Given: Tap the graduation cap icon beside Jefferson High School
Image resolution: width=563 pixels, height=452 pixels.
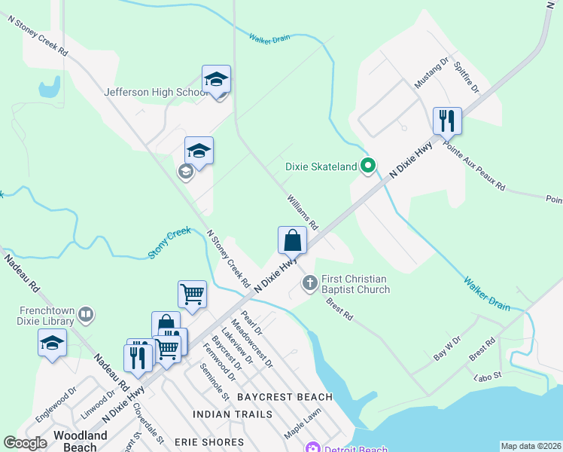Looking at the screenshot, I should click(216, 80).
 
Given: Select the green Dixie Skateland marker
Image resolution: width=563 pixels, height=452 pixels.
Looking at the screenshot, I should click(368, 166).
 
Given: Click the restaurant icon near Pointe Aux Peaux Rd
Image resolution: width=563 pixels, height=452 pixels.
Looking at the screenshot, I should click(447, 121).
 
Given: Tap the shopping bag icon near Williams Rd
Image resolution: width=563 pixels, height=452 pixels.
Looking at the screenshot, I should click(293, 241).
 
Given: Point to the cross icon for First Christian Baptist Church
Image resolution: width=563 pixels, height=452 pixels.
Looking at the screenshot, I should click(309, 283).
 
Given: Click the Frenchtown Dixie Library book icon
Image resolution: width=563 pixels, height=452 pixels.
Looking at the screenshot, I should click(86, 314).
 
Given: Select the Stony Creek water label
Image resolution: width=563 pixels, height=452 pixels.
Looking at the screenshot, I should click(169, 244).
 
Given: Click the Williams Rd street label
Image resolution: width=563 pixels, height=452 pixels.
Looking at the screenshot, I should click(303, 213).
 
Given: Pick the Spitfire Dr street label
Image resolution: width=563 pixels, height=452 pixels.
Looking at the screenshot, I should click(467, 78).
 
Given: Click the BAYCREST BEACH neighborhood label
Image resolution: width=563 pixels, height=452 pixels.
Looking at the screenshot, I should click(285, 397).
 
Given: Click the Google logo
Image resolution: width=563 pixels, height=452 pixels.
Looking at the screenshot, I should click(25, 443).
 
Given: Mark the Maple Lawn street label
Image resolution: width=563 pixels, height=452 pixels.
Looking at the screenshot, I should click(303, 424).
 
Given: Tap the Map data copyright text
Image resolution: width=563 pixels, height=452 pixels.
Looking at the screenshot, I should click(531, 446).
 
